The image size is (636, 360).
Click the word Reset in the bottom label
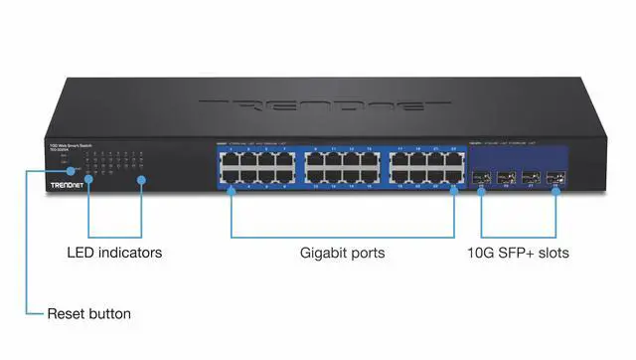pyautogui.click(x=67, y=314)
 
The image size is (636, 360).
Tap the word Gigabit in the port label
pyautogui.click(x=324, y=254)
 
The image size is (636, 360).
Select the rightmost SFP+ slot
pyautogui.click(x=555, y=183)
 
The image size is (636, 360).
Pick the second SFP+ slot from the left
pyautogui.click(x=506, y=183)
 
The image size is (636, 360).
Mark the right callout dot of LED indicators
pyautogui.click(x=141, y=180)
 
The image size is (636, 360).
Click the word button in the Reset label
pyautogui.click(x=109, y=314)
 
